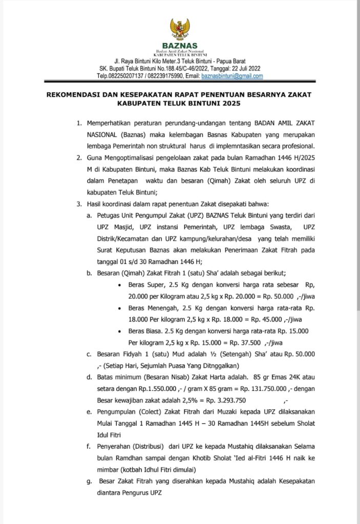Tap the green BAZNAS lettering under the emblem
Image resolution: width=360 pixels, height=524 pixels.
[180, 46]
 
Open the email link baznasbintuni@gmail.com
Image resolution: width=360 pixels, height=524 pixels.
[232, 76]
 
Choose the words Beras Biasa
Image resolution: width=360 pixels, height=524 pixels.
[146, 331]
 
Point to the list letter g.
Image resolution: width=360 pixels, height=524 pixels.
[89, 482]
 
